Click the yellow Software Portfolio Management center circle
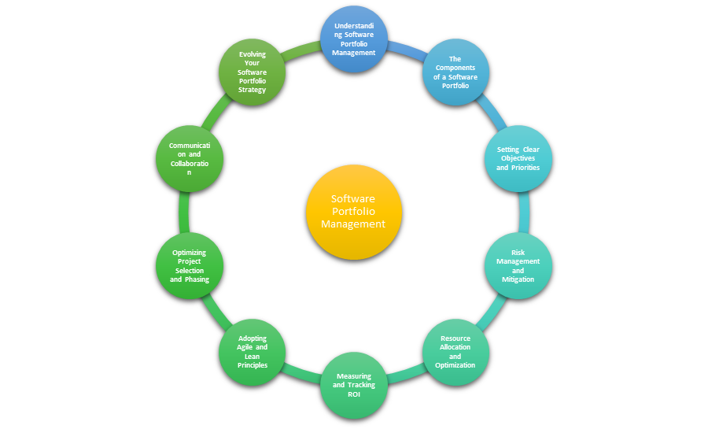tap(354, 212)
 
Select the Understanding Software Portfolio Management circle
tap(354, 39)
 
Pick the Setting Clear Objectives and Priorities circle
tap(518, 158)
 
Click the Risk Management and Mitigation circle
tap(518, 265)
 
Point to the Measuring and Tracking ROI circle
tap(354, 385)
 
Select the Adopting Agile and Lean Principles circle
tap(252, 352)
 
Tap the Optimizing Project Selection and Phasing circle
tap(190, 265)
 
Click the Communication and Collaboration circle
tap(190, 158)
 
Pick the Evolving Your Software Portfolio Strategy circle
tap(252, 72)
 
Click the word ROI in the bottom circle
tap(354, 394)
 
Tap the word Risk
tap(518, 253)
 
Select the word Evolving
tap(253, 54)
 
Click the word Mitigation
tap(518, 279)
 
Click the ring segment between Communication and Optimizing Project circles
tap(183, 212)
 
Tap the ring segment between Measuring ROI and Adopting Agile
tap(301, 374)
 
